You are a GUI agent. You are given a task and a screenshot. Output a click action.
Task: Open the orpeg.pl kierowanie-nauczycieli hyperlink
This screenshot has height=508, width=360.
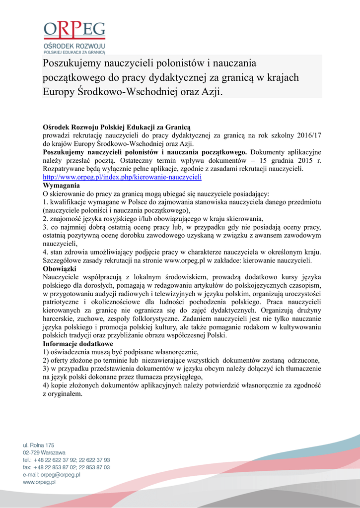(122, 177)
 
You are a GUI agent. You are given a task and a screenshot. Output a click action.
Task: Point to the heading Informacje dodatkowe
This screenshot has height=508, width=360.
(78, 344)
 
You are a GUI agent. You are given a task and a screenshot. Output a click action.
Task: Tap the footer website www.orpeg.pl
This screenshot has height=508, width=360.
(39, 482)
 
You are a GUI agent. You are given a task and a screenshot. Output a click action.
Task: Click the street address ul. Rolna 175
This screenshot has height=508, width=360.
(39, 445)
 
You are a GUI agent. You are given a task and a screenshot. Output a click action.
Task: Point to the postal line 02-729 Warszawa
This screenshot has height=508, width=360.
(44, 452)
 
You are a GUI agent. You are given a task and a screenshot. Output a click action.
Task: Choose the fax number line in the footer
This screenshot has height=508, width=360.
(67, 467)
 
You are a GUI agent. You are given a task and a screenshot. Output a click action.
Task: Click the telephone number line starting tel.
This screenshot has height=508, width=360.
(67, 460)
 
